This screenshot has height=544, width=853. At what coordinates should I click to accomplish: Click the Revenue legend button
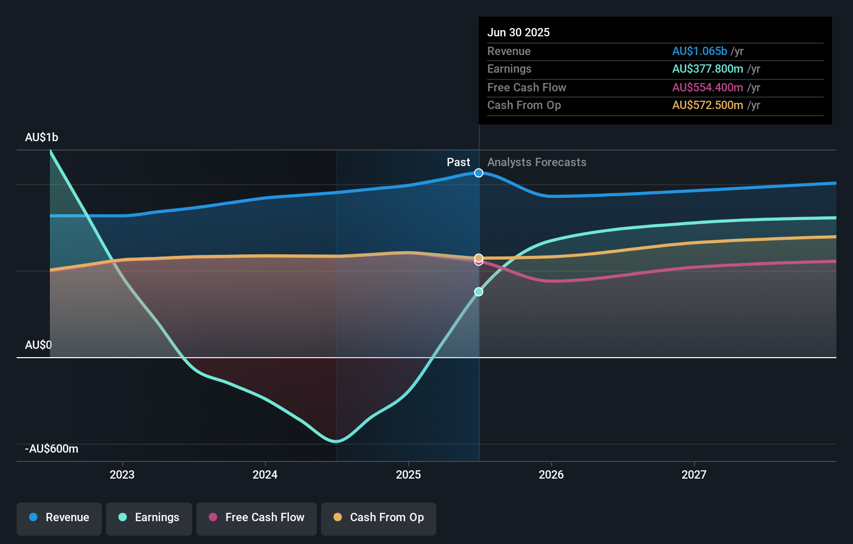pyautogui.click(x=59, y=518)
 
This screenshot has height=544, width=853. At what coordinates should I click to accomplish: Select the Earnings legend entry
pyautogui.click(x=149, y=518)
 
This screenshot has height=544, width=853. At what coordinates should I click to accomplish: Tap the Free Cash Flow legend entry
pyautogui.click(x=256, y=518)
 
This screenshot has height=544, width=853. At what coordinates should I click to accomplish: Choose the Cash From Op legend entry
pyautogui.click(x=378, y=518)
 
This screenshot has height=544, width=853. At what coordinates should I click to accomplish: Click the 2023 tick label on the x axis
pyautogui.click(x=122, y=474)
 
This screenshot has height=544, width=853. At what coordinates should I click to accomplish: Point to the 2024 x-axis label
pyautogui.click(x=265, y=474)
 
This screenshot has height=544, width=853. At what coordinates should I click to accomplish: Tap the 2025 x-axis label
pyautogui.click(x=408, y=474)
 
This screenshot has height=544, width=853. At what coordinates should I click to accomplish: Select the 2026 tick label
pyautogui.click(x=551, y=474)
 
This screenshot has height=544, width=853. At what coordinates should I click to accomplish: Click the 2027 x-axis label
pyautogui.click(x=694, y=474)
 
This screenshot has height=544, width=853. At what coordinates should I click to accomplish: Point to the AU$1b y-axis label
pyautogui.click(x=42, y=138)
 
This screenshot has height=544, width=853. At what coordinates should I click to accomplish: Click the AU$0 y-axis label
pyautogui.click(x=38, y=345)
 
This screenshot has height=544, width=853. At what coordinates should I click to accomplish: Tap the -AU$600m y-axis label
pyautogui.click(x=52, y=449)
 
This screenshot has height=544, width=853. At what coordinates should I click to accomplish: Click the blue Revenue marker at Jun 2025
pyautogui.click(x=479, y=173)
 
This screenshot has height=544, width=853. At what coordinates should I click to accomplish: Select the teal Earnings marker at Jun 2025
pyautogui.click(x=479, y=292)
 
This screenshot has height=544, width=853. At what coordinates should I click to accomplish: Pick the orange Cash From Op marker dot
pyautogui.click(x=479, y=257)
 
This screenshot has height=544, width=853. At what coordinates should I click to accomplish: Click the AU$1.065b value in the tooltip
pyautogui.click(x=699, y=51)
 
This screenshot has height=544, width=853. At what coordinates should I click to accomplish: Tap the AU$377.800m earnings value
pyautogui.click(x=707, y=69)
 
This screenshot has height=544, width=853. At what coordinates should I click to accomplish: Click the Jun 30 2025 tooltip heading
pyautogui.click(x=518, y=33)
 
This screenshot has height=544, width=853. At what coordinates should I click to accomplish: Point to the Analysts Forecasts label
pyautogui.click(x=537, y=162)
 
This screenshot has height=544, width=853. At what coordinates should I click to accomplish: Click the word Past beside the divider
pyautogui.click(x=458, y=162)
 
